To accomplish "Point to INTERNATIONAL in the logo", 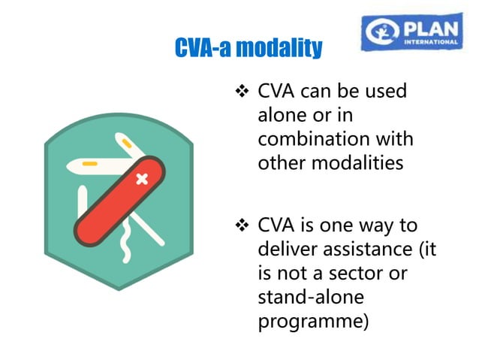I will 431,41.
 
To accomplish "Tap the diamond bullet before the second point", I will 242,226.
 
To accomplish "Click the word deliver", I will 285,250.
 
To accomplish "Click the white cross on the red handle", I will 143,179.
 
